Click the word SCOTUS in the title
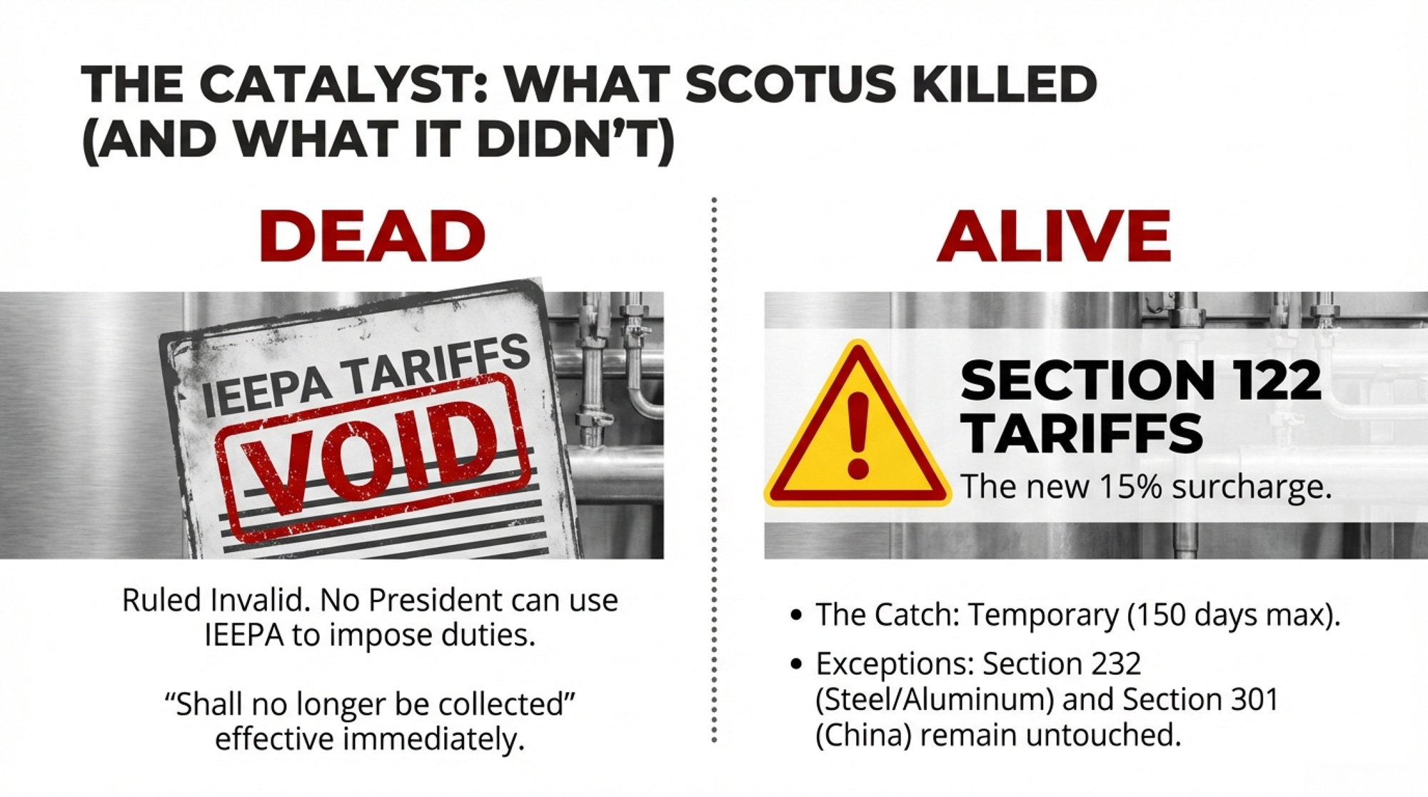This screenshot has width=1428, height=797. pyautogui.click(x=790, y=84)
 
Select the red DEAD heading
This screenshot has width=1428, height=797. pyautogui.click(x=372, y=236)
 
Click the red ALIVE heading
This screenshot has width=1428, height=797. pyautogui.click(x=1055, y=236)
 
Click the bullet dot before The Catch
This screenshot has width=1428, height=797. pyautogui.click(x=797, y=615)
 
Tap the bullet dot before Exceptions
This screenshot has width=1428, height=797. pyautogui.click(x=797, y=664)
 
